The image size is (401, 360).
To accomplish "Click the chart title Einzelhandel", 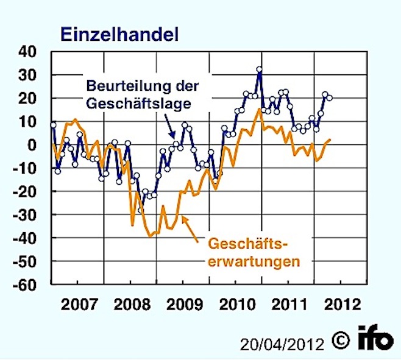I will (x=119, y=34).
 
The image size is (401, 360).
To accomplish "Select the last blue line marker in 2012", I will (x=330, y=97).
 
